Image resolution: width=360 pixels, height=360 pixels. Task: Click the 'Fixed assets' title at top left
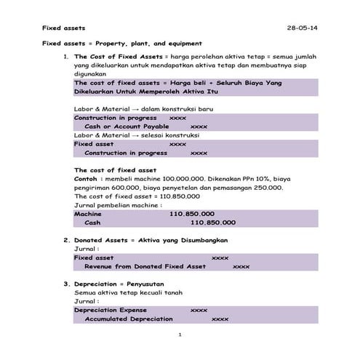(x=61, y=28)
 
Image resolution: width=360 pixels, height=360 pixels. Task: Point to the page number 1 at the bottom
(x=180, y=334)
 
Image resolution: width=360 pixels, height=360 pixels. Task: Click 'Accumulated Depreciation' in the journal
(x=129, y=319)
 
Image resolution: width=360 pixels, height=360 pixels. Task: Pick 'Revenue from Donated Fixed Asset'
(x=145, y=266)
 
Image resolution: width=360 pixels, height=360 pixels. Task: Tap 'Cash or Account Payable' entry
(x=127, y=126)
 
